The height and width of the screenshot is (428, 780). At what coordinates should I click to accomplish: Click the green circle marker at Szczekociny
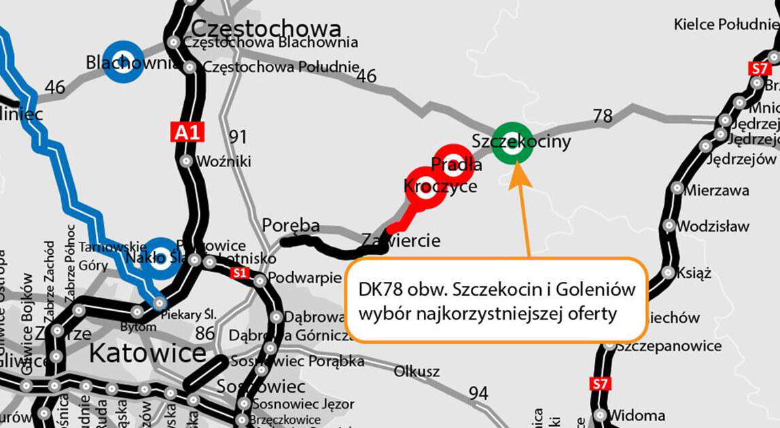point(513,143)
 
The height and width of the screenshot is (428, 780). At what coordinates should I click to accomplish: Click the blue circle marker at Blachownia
point(123,60)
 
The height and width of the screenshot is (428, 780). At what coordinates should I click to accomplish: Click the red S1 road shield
point(238,273)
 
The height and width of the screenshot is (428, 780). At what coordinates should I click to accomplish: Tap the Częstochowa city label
point(266,29)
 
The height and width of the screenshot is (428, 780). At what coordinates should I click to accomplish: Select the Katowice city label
point(147,353)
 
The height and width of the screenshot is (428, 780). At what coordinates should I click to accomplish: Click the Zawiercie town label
point(401,240)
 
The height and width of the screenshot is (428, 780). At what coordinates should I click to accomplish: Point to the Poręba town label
point(291,226)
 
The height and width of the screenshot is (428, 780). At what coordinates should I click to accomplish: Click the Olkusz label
point(416,372)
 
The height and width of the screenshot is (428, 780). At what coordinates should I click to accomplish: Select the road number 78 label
point(603,116)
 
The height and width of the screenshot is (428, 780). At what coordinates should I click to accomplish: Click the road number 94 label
point(478,393)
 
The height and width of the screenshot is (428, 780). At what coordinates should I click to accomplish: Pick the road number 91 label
point(238,137)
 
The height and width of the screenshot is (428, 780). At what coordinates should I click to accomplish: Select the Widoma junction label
point(637,415)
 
